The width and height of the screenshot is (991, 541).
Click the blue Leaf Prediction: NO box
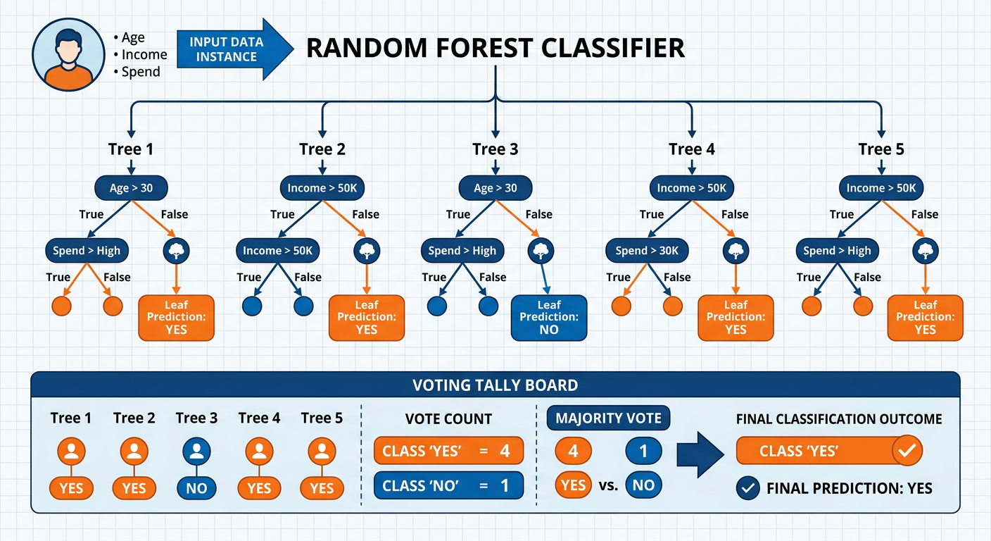pyautogui.click(x=548, y=318)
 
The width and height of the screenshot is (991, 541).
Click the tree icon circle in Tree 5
pyautogui.click(x=926, y=250)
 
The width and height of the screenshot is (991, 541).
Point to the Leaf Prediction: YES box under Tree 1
pyautogui.click(x=176, y=318)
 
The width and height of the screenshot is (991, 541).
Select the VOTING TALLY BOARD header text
pyautogui.click(x=495, y=385)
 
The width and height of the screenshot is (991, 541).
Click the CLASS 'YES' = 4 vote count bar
pyautogui.click(x=448, y=451)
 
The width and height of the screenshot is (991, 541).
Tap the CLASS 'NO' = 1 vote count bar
pyautogui.click(x=448, y=485)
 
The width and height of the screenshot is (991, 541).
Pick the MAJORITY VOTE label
pyautogui.click(x=608, y=418)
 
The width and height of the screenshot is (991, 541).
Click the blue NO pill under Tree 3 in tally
pyautogui.click(x=196, y=488)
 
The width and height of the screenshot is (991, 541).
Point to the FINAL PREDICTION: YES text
pyautogui.click(x=849, y=488)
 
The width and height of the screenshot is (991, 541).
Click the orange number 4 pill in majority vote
pyautogui.click(x=573, y=452)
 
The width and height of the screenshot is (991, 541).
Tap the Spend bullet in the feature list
pyautogui.click(x=140, y=72)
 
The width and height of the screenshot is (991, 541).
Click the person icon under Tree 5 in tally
pyautogui.click(x=322, y=452)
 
